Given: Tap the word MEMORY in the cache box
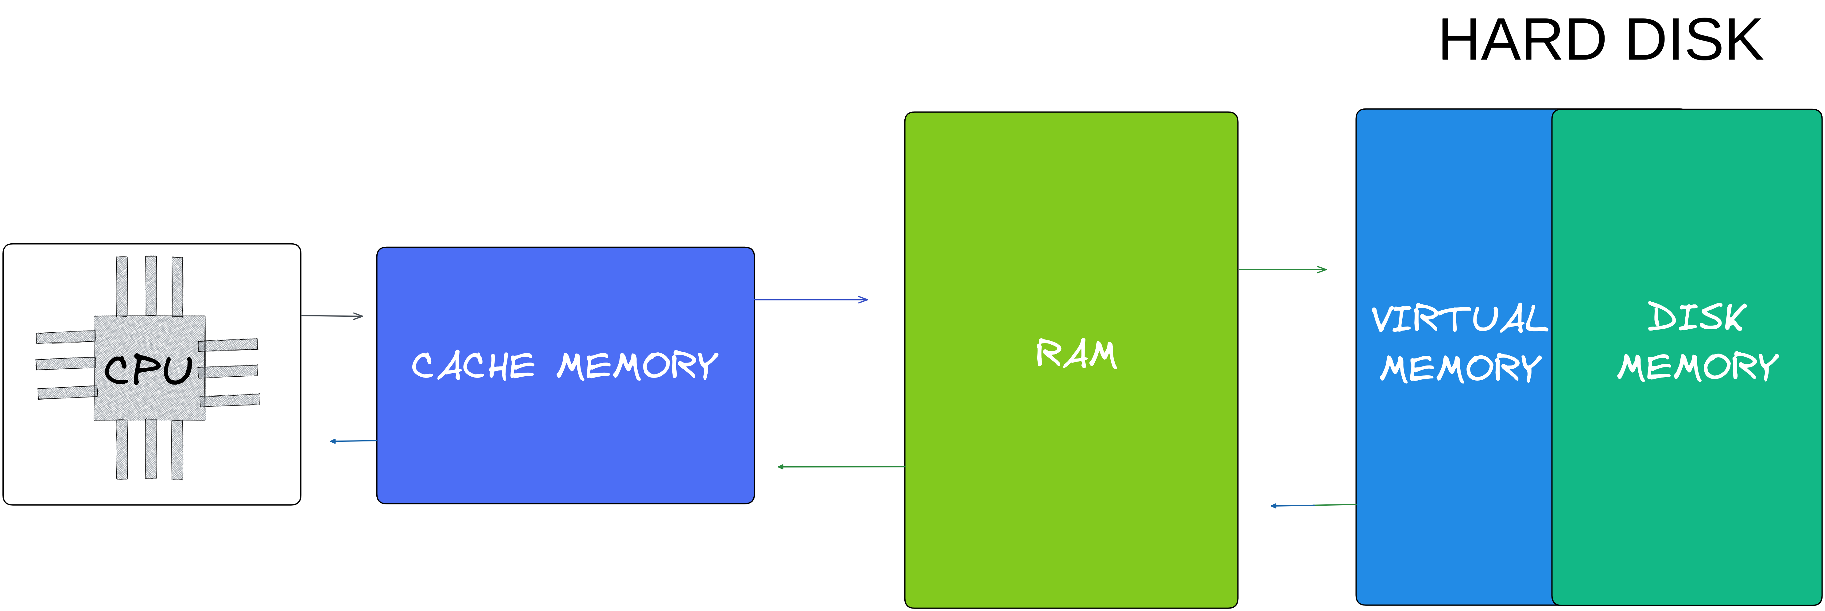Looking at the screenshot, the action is coord(638,366).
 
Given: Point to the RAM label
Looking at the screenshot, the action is coord(1076,354).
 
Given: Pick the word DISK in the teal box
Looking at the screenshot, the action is coord(1697,317).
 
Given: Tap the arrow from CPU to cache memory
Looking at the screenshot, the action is coord(332,315).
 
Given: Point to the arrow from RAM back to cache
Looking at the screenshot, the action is coord(841,466).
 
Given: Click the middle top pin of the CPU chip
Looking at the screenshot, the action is coord(151,286).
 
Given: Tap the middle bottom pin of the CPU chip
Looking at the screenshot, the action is coord(151,449).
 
